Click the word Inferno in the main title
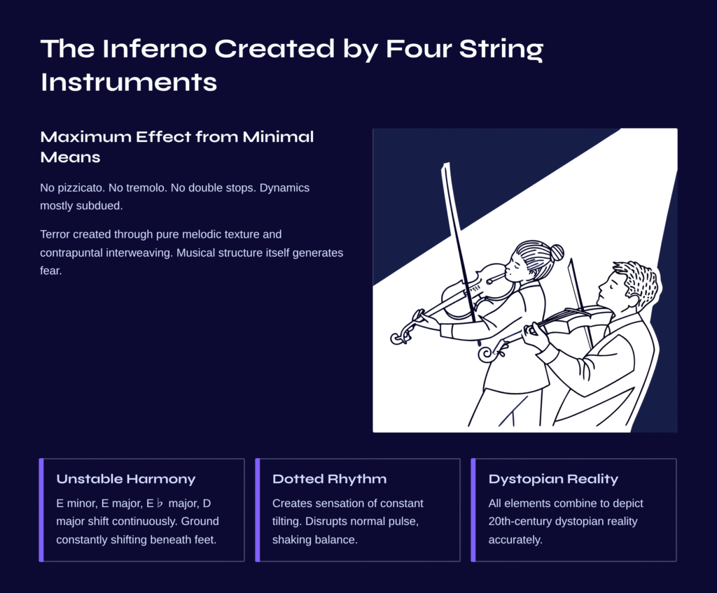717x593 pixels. [155, 48]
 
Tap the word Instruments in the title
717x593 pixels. [129, 83]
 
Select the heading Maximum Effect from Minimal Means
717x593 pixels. [177, 147]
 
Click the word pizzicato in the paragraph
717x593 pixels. [81, 188]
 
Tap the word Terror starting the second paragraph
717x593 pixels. [55, 234]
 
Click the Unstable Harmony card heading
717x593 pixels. [126, 479]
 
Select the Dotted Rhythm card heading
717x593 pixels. [329, 479]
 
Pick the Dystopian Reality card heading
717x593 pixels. [553, 479]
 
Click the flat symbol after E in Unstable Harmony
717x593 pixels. [160, 503]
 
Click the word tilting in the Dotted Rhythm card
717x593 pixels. [286, 521]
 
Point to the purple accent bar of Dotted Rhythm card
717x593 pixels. [258, 510]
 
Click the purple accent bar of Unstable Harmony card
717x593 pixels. [41, 510]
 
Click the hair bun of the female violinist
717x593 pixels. [557, 252]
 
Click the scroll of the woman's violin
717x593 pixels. [398, 337]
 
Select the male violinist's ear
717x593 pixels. [633, 300]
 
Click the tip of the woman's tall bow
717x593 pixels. [446, 164]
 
